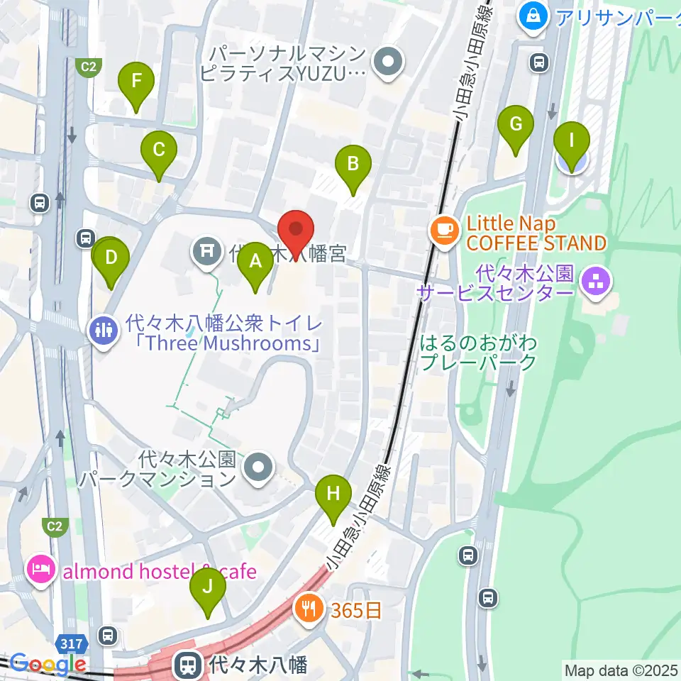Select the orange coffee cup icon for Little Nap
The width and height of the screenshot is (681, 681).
coord(445,230)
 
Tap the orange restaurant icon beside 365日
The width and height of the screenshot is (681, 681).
coord(309,607)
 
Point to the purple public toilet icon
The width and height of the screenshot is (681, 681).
coord(104,328)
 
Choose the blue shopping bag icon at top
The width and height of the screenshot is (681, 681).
coord(532,13)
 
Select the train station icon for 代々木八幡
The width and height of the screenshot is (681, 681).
coord(188,665)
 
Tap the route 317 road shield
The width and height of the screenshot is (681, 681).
coord(71,644)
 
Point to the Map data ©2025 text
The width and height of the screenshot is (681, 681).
coord(620,669)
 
